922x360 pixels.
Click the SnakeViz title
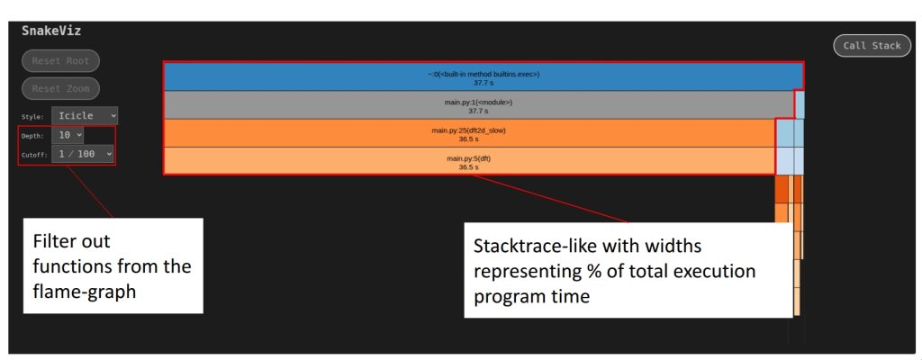[51, 31]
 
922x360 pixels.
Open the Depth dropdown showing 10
[68, 135]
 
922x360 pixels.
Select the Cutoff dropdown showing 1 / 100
[83, 155]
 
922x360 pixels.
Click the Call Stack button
[872, 46]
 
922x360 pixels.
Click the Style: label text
[32, 116]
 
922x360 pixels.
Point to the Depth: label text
[32, 136]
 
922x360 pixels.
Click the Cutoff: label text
[34, 156]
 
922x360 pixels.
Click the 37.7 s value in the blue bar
[484, 83]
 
